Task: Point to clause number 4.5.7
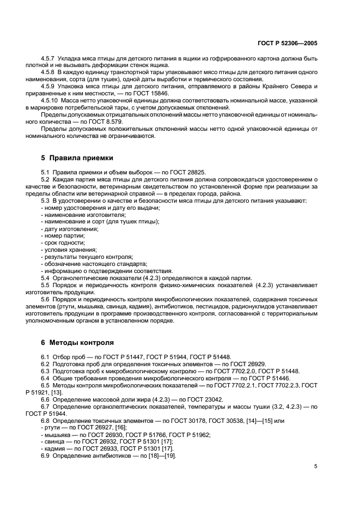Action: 49,58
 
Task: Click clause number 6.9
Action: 45,456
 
